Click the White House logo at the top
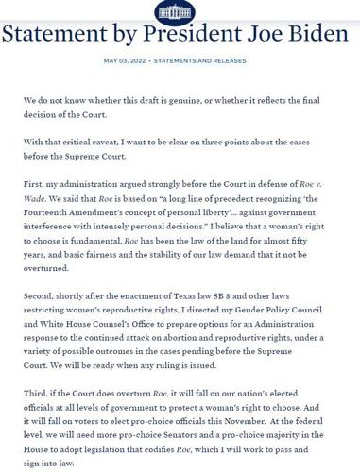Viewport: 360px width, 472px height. pos(180,9)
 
